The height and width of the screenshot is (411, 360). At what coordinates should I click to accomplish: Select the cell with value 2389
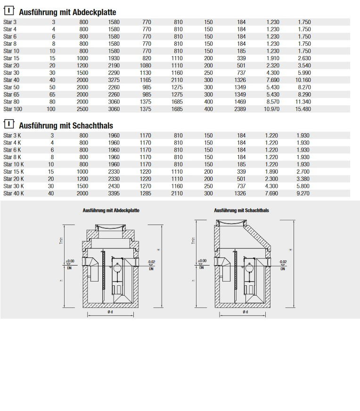tap(240, 109)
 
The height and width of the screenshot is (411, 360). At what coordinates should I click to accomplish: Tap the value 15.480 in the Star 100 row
tap(304, 109)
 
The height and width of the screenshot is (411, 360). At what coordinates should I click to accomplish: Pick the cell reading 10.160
tap(304, 80)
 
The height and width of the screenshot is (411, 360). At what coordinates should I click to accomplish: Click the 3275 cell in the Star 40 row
tap(114, 80)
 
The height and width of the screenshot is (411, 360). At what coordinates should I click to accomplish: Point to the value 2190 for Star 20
tap(114, 65)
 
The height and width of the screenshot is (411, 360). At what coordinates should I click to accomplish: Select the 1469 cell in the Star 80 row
tap(240, 102)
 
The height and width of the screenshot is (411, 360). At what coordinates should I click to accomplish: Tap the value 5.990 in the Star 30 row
tap(304, 73)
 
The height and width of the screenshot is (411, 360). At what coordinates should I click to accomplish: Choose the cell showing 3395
tap(114, 193)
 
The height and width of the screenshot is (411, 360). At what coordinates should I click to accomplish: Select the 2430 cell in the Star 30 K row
tap(114, 186)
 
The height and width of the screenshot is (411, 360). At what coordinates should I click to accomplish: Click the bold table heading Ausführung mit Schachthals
tap(66, 126)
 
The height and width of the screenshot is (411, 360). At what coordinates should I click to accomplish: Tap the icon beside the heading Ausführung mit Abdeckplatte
tap(8, 11)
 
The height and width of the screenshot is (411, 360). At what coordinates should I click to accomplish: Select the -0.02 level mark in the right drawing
tap(282, 262)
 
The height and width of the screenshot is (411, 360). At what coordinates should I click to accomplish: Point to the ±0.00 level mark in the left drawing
tap(70, 261)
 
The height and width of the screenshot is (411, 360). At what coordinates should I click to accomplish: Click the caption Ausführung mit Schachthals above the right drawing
tap(241, 210)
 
